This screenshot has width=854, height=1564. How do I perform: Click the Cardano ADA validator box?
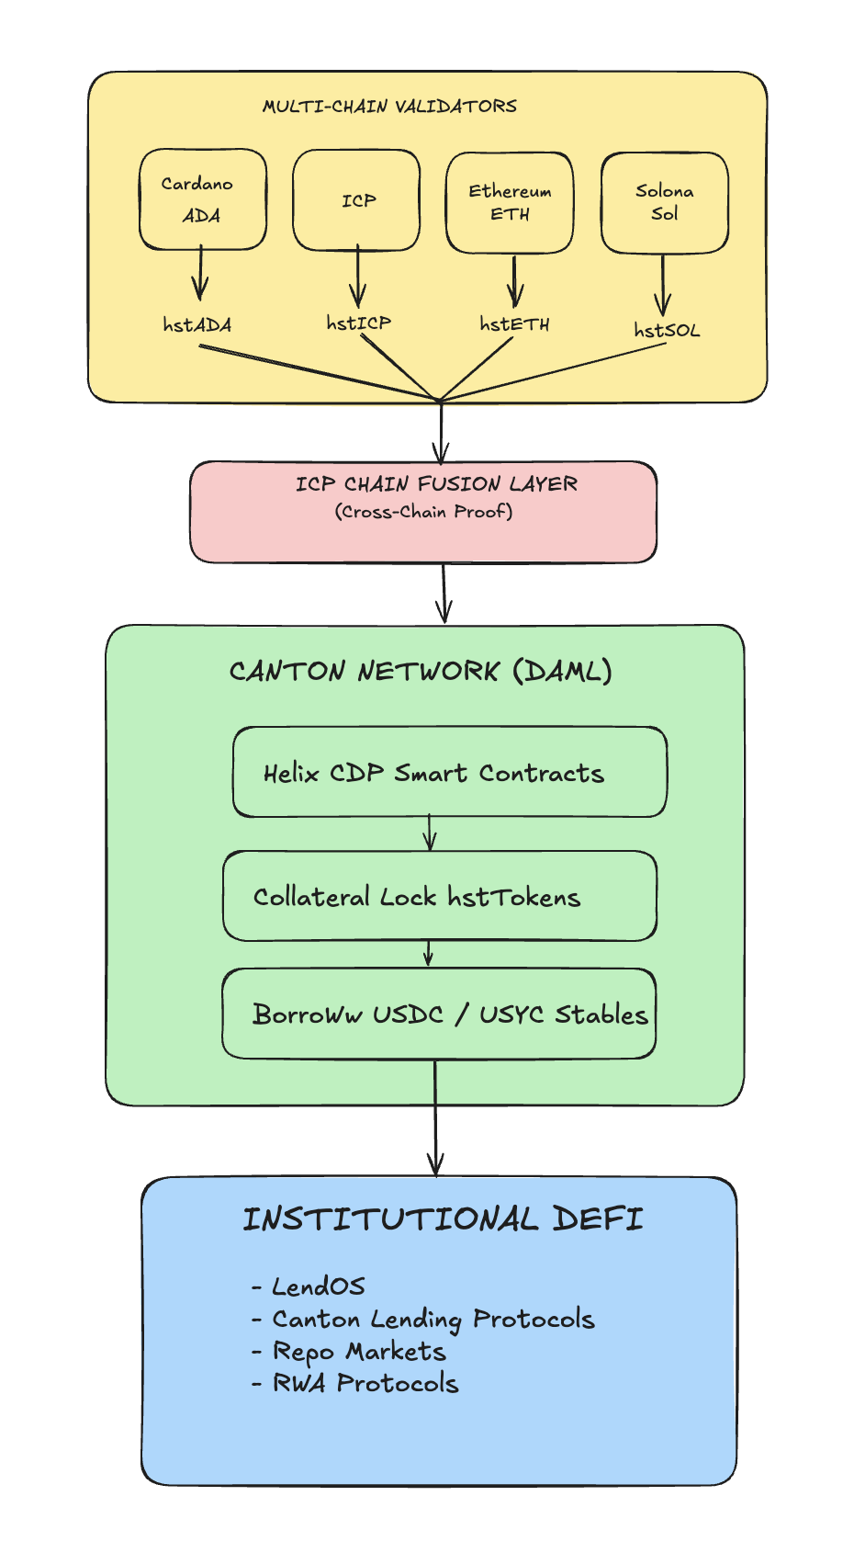tap(203, 199)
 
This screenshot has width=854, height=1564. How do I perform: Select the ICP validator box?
tap(356, 200)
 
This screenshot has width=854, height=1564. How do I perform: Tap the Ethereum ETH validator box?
tap(510, 202)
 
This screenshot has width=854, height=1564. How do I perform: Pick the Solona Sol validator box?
tap(664, 202)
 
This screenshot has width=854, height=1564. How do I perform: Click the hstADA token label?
tap(197, 324)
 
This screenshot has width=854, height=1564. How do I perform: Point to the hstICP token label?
tap(358, 323)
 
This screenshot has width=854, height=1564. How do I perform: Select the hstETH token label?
tap(514, 324)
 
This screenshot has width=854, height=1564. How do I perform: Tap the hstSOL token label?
tap(667, 330)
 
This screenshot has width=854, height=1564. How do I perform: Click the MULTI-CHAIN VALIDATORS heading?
tap(389, 107)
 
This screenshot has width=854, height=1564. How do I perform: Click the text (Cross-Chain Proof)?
tap(423, 512)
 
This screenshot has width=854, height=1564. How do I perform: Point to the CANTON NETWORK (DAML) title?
tap(421, 671)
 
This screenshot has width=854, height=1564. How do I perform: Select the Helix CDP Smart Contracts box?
tap(449, 773)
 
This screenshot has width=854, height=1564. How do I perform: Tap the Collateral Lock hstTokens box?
tap(439, 896)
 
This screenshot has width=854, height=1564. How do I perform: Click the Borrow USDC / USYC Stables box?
tap(439, 1014)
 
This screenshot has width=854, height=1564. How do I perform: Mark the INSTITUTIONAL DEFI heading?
tap(443, 1219)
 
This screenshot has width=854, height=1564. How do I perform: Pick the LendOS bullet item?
tap(318, 1286)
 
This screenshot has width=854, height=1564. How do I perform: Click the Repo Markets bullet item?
tap(358, 1352)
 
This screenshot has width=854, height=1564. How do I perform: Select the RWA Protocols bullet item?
tap(365, 1383)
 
